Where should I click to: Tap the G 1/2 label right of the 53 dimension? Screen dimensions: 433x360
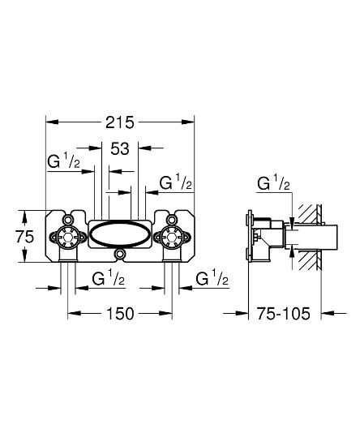click(x=176, y=183)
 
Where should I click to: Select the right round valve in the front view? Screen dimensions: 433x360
click(x=173, y=238)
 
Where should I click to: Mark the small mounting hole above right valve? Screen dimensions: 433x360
click(x=173, y=219)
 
